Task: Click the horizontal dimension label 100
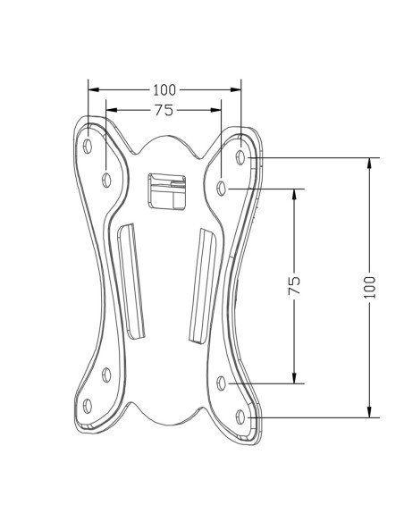coord(164,90)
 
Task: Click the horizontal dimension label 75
coord(164,110)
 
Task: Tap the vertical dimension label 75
coord(294,285)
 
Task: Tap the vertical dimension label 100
coord(369,287)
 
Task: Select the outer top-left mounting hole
coord(88,146)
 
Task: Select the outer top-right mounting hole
coord(240,156)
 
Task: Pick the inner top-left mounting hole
coord(106,180)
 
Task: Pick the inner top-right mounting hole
coord(222,189)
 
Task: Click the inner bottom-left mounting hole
coord(106,375)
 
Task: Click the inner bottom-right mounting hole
coord(222,383)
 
